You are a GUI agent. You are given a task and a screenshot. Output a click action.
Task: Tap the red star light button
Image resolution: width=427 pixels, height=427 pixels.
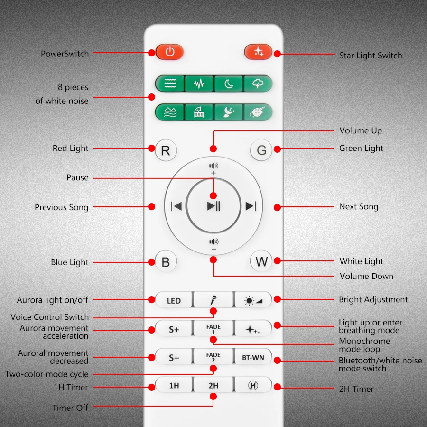[x=258, y=52]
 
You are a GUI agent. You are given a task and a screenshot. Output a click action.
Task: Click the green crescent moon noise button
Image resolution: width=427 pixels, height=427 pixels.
[x=229, y=84]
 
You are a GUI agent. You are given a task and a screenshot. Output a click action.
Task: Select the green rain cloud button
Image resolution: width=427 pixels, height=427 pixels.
[x=258, y=84]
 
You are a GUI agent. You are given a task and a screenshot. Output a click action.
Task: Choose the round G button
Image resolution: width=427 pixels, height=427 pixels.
[x=261, y=150]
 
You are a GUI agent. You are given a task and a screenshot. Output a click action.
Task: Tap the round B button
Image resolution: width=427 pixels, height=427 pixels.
[x=166, y=262]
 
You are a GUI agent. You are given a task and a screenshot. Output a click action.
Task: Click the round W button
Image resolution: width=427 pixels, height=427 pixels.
[x=261, y=261]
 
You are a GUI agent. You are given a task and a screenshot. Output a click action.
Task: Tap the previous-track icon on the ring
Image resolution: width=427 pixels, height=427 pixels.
[x=176, y=206]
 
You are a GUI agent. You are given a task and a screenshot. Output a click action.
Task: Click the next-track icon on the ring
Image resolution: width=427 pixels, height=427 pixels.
[x=251, y=206]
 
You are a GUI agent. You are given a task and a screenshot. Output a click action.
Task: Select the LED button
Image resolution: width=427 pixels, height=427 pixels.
[x=174, y=300]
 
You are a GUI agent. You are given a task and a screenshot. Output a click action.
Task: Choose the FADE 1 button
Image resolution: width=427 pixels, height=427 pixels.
[x=213, y=329]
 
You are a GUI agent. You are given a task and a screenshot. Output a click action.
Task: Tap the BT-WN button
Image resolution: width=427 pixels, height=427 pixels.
[x=253, y=357]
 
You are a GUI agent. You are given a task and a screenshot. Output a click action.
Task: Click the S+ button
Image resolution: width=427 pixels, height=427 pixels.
[x=174, y=329]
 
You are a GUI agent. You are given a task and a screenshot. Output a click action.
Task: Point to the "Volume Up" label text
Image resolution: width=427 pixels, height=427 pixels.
[x=361, y=131]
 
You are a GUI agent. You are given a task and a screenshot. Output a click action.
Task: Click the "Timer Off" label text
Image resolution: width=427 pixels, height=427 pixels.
[x=70, y=408]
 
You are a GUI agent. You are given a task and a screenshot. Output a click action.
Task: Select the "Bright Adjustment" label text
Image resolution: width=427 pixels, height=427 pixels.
[x=373, y=299]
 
